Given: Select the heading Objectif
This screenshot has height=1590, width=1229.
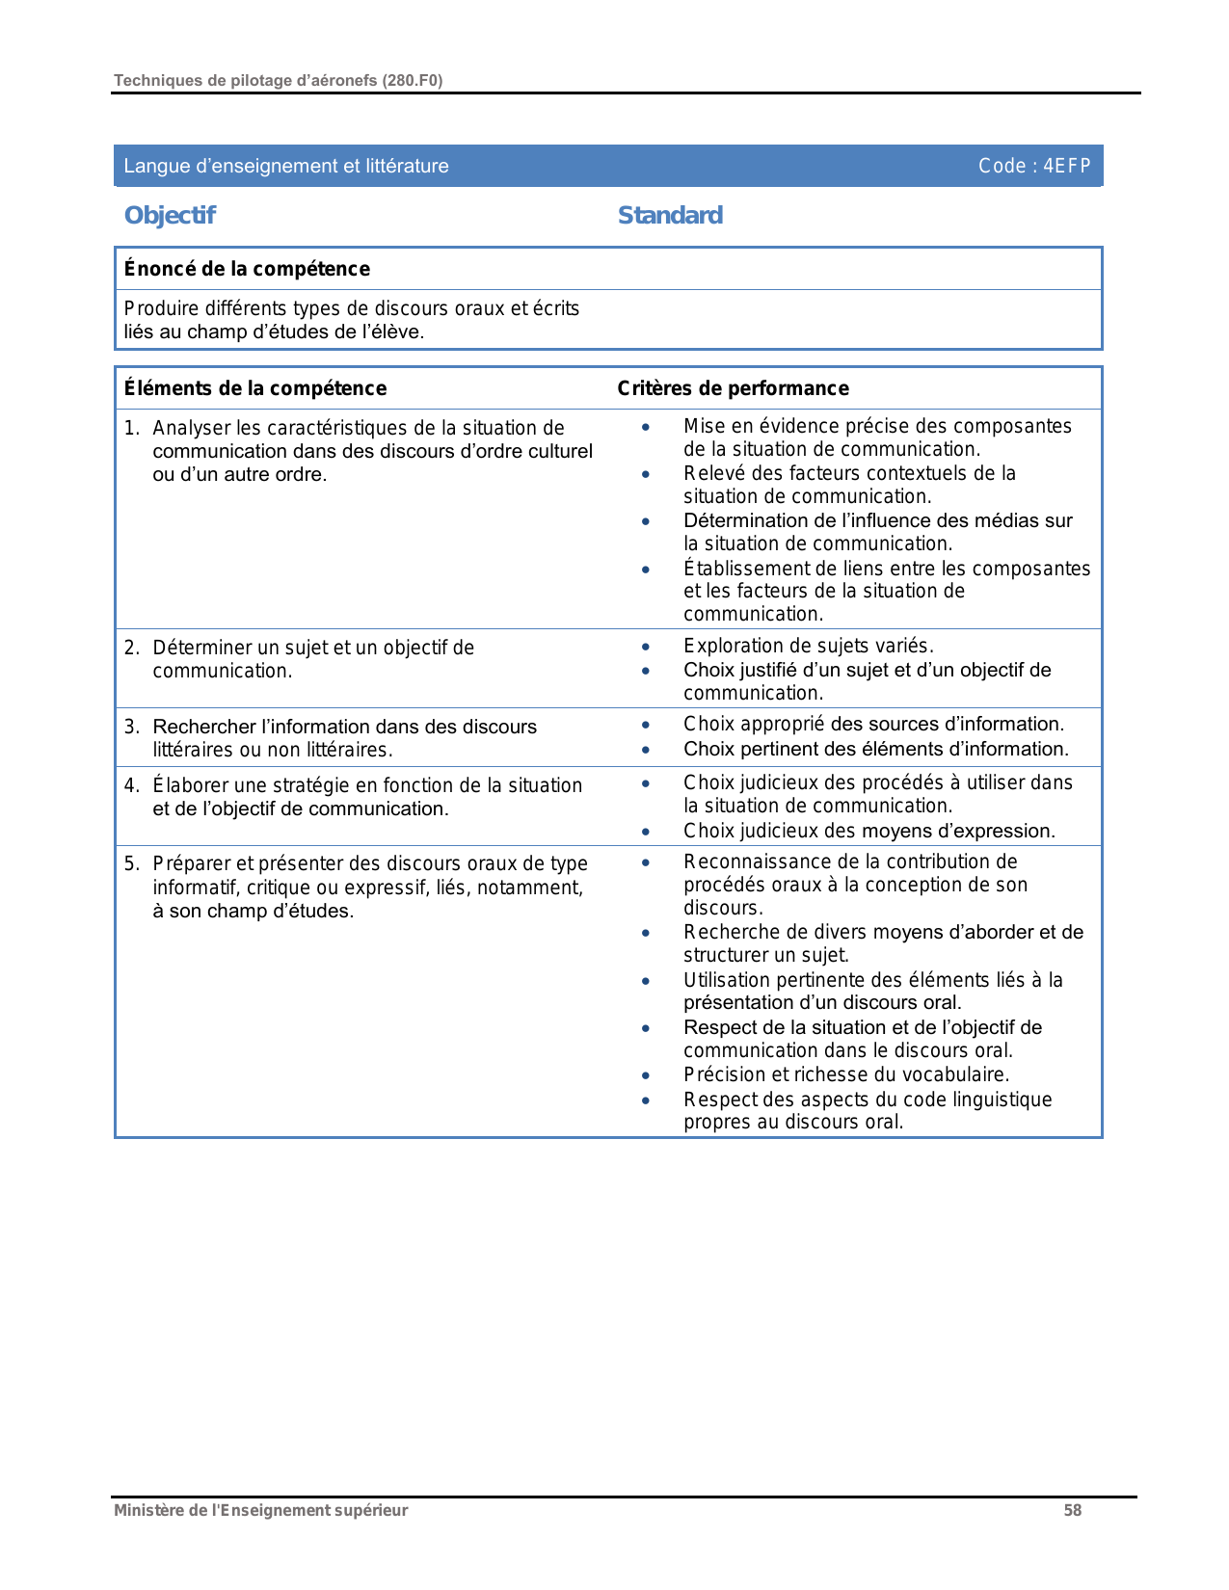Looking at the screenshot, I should point(170,216).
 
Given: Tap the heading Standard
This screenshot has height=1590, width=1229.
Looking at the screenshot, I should point(670,216).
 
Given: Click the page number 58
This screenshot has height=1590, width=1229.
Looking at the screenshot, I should point(1072,1511).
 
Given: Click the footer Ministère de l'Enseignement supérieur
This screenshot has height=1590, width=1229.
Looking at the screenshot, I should point(260,1511).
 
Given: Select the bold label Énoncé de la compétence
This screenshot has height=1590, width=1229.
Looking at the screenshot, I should point(247,269).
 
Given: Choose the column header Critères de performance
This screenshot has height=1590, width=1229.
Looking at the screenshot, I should point(733,388).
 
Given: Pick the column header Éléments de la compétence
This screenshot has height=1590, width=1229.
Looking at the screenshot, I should point(254,388).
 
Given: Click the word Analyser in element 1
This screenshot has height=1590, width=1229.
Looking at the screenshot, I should point(191,428).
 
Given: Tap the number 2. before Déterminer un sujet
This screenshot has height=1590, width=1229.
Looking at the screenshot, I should point(132,648).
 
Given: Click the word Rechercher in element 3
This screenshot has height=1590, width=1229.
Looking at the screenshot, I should point(203,727).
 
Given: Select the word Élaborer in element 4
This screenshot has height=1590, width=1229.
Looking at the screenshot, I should point(188,785).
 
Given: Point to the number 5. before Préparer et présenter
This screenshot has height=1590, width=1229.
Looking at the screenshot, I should point(132,863).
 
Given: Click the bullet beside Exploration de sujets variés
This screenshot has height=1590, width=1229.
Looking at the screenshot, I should point(646,647).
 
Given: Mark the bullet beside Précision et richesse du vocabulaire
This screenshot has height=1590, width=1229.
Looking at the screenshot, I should point(646,1075).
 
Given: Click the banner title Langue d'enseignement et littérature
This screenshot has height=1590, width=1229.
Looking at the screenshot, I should point(286,166).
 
